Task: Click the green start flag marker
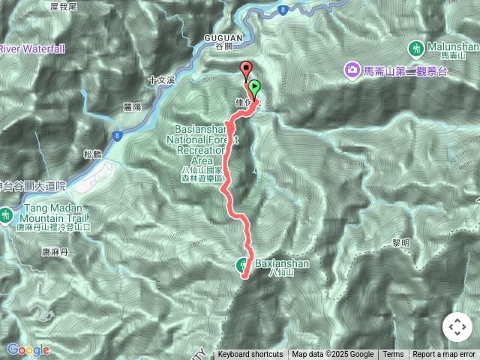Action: pyautogui.click(x=254, y=87)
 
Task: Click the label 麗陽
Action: pyautogui.click(x=133, y=106)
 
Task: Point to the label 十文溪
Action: pyautogui.click(x=161, y=79)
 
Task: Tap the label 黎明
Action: pyautogui.click(x=401, y=244)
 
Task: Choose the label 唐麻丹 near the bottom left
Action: pyautogui.click(x=55, y=253)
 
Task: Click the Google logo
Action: pyautogui.click(x=28, y=349)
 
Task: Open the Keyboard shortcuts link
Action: pyautogui.click(x=250, y=355)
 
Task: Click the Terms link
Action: pyautogui.click(x=393, y=355)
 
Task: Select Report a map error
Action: pyautogui.click(x=445, y=355)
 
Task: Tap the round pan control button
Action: pyautogui.click(x=456, y=327)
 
